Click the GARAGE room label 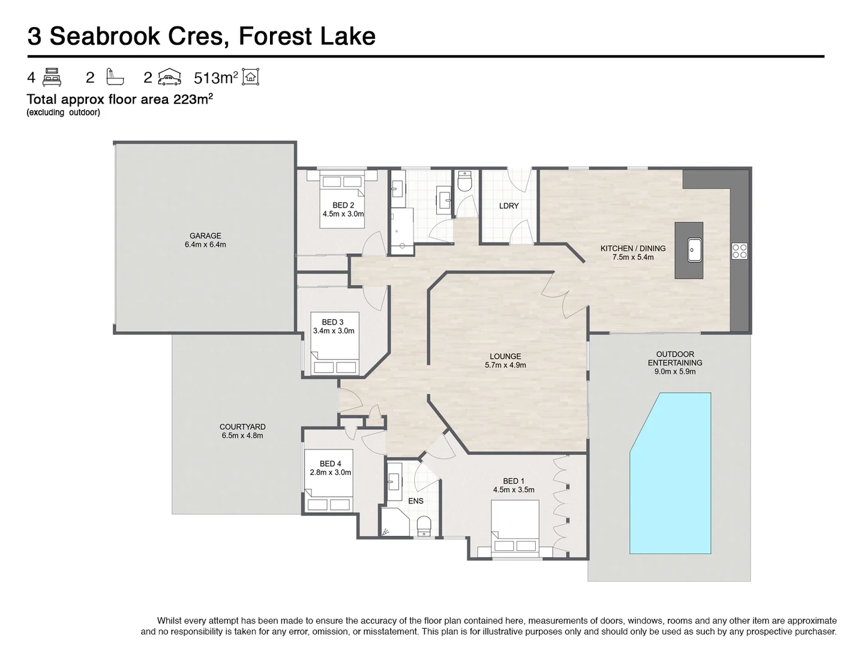tap(205, 236)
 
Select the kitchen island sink tap(695, 250)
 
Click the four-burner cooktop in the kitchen tap(739, 251)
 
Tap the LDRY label tap(509, 206)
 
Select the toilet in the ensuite tap(424, 525)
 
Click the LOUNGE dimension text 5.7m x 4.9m tap(505, 365)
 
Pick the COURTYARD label tap(242, 427)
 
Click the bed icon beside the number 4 tap(53, 77)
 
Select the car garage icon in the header tap(170, 78)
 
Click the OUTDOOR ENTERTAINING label tap(674, 358)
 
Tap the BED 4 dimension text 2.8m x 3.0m tap(331, 472)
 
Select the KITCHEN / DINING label tap(633, 248)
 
